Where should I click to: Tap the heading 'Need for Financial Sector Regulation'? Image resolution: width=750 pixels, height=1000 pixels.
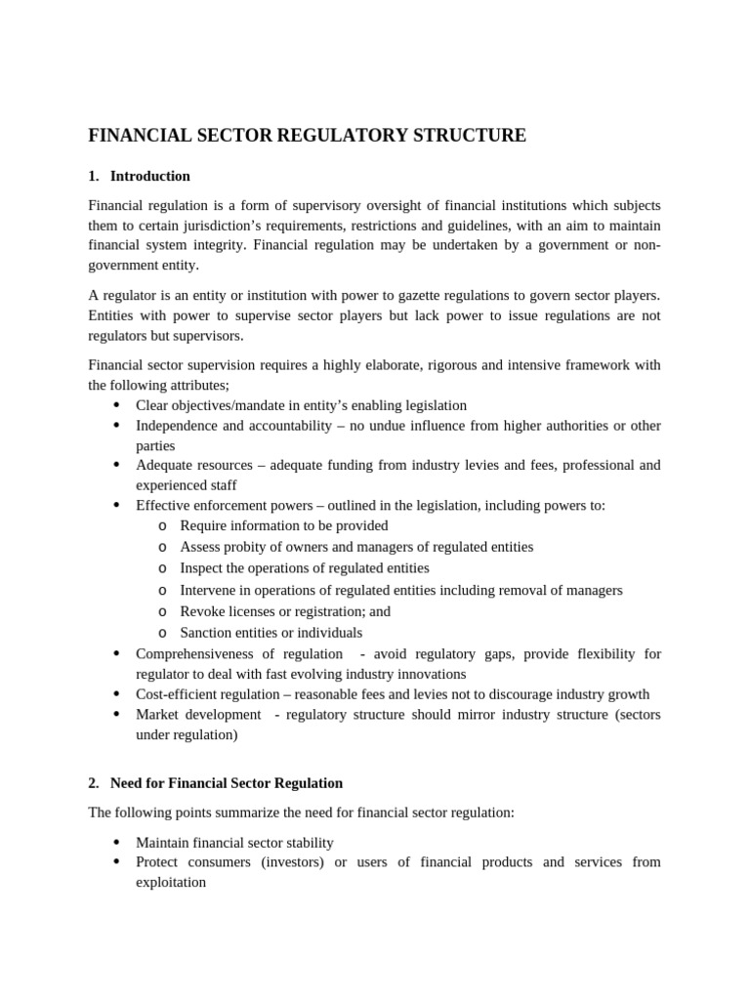click(x=226, y=783)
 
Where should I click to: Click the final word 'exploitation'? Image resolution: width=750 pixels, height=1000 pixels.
click(x=171, y=882)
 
